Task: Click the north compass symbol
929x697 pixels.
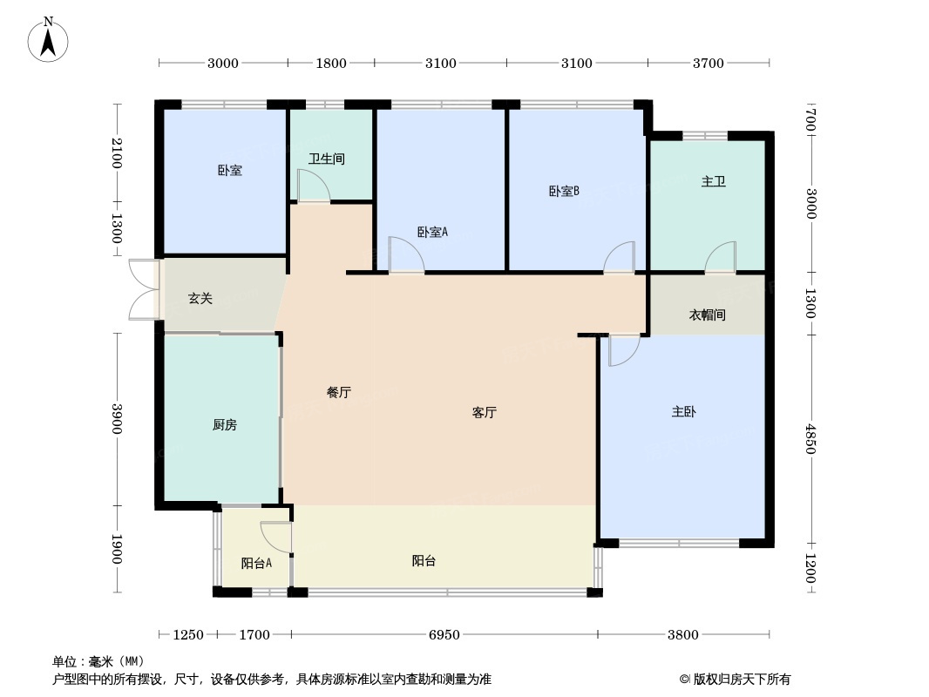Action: pyautogui.click(x=49, y=40)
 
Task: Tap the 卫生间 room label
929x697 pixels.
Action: pyautogui.click(x=327, y=159)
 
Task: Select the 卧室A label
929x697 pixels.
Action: pyautogui.click(x=432, y=232)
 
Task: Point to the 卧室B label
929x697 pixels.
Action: pyautogui.click(x=564, y=192)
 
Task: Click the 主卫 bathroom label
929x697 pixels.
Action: pyautogui.click(x=714, y=182)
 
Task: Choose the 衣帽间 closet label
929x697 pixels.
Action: pyautogui.click(x=708, y=315)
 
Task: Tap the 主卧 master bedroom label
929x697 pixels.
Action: pyautogui.click(x=684, y=412)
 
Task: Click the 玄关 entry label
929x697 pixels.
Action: pyautogui.click(x=200, y=299)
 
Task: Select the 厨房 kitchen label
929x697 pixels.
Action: pyautogui.click(x=224, y=425)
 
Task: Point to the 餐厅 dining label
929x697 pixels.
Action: pyautogui.click(x=338, y=393)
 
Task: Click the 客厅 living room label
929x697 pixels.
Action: pyautogui.click(x=485, y=413)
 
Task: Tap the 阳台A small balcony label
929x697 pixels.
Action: pyautogui.click(x=256, y=563)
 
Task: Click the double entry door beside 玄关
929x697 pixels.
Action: pyautogui.click(x=143, y=289)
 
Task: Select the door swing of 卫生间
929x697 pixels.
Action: pyautogui.click(x=311, y=185)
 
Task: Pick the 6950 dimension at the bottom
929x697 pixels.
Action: pyautogui.click(x=444, y=635)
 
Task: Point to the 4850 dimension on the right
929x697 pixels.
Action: pyautogui.click(x=810, y=439)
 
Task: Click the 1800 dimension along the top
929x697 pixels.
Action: pyautogui.click(x=331, y=63)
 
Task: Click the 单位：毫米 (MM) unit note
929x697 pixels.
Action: pyautogui.click(x=98, y=661)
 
